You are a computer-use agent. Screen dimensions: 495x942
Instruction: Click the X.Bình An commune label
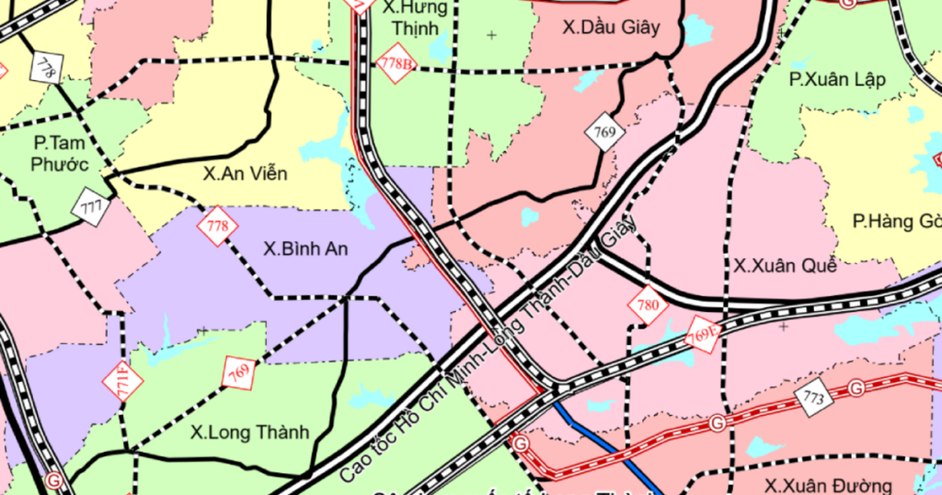tap(305, 248)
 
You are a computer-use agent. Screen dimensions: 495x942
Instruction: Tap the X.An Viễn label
tap(245, 174)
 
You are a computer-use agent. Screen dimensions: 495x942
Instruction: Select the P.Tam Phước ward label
tap(61, 154)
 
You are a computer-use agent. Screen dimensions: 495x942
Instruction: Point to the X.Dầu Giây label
tap(611, 28)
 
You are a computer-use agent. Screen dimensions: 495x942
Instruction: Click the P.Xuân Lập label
tap(837, 79)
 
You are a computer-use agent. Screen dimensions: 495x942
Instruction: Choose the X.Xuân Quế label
tap(785, 266)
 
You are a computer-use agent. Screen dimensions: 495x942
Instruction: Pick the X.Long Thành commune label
tap(249, 432)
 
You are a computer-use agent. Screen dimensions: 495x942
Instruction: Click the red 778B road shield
tap(396, 63)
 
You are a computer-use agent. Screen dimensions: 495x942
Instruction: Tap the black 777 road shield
tap(91, 205)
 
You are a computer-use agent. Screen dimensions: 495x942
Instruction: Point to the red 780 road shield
tap(648, 305)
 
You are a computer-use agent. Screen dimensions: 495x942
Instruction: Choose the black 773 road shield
tap(813, 397)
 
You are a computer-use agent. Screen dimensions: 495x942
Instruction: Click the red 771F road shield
tap(122, 381)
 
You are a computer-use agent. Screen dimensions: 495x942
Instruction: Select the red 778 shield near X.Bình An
tap(217, 226)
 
